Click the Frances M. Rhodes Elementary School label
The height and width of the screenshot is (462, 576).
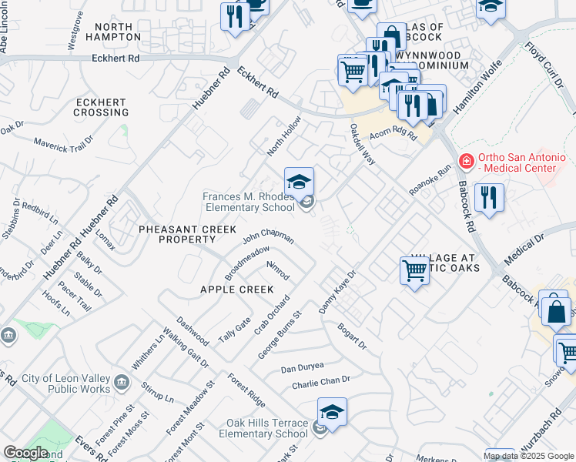(x=248, y=202)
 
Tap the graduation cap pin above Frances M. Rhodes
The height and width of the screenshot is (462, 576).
(x=299, y=182)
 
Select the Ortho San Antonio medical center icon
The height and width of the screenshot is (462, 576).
(x=465, y=162)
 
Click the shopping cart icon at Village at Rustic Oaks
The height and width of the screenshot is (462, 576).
(x=414, y=271)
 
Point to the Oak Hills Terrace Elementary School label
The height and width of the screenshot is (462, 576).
(x=266, y=429)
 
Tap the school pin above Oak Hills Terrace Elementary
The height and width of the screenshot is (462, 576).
(x=332, y=413)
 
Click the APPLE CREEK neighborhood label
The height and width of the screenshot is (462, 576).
(x=236, y=290)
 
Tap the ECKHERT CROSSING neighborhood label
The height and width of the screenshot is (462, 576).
(x=101, y=107)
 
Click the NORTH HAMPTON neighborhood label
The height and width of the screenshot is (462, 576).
(x=114, y=32)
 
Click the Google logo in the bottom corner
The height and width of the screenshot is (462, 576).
(x=25, y=453)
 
